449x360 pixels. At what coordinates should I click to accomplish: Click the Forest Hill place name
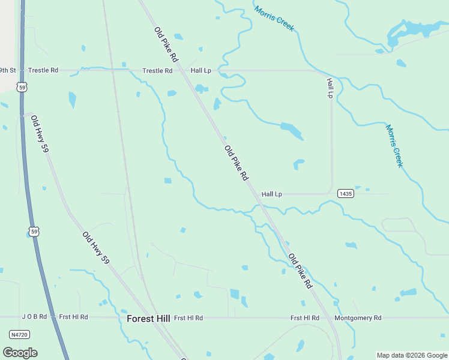coord(148,318)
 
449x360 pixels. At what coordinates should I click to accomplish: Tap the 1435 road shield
coord(345,193)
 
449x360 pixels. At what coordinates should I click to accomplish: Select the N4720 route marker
coord(20,334)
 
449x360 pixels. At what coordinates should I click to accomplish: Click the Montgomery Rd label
coord(358,318)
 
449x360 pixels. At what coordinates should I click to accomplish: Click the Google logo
coord(20,352)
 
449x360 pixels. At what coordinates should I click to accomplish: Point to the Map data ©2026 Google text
coord(411,355)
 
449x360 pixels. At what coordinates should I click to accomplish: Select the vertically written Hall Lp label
coord(330,88)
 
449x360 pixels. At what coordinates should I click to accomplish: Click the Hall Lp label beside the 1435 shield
coord(272,194)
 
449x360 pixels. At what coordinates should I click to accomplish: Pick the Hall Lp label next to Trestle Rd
coord(201,71)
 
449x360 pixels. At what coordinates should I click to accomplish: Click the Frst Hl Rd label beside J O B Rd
coord(73,317)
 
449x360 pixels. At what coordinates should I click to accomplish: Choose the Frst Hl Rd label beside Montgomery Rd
coord(305,318)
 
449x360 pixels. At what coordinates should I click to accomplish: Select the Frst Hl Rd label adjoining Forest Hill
coord(188,318)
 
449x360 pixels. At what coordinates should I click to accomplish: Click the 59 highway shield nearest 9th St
coord(22,88)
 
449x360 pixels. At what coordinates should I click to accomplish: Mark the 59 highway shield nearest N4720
coord(35,232)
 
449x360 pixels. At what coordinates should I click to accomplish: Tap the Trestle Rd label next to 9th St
coord(43,70)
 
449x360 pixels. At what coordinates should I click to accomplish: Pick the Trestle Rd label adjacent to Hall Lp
coord(157,71)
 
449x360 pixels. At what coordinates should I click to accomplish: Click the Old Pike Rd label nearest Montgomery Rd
coord(301,271)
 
